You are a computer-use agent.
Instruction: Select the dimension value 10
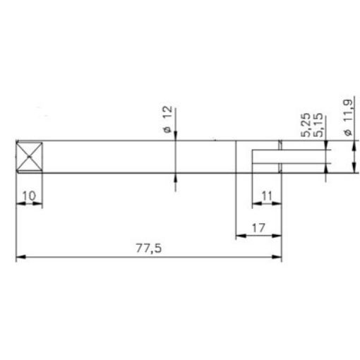[x=30, y=193]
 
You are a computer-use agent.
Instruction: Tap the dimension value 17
[x=257, y=228]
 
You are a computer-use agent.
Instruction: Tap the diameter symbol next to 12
[x=167, y=130]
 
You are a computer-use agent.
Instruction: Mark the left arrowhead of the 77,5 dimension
[x=20, y=258]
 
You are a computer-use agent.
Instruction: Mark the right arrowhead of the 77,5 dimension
[x=277, y=258]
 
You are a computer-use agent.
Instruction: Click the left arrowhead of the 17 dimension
[x=239, y=237]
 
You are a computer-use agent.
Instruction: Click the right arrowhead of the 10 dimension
[x=41, y=203]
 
